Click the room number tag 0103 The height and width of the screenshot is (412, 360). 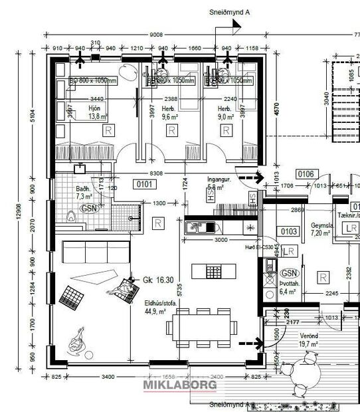(289, 231)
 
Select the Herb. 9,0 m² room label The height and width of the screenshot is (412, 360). (225, 112)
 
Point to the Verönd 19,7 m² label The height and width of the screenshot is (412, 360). (307, 340)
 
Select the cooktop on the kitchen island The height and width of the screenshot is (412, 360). (205, 272)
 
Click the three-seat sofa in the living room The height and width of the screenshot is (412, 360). (88, 252)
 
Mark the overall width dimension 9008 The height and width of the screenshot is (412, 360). (156, 35)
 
